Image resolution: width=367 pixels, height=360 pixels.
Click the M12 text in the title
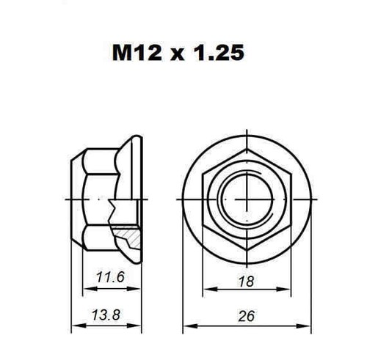pyautogui.click(x=137, y=53)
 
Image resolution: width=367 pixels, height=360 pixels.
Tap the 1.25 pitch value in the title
pyautogui.click(x=219, y=53)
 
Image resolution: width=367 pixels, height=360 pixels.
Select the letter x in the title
pyautogui.click(x=178, y=55)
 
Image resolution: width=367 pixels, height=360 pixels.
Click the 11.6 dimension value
pyautogui.click(x=111, y=277)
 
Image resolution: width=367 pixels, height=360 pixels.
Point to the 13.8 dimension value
pyautogui.click(x=106, y=315)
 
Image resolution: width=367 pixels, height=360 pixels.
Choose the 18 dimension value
pyautogui.click(x=247, y=282)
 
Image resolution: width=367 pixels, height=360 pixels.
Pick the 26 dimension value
pyautogui.click(x=247, y=316)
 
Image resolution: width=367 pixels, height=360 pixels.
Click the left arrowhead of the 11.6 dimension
pyautogui.click(x=90, y=289)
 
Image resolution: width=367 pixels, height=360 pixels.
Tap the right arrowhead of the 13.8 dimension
pyautogui.click(x=134, y=326)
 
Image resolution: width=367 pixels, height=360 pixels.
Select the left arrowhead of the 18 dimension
pyautogui.click(x=211, y=290)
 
